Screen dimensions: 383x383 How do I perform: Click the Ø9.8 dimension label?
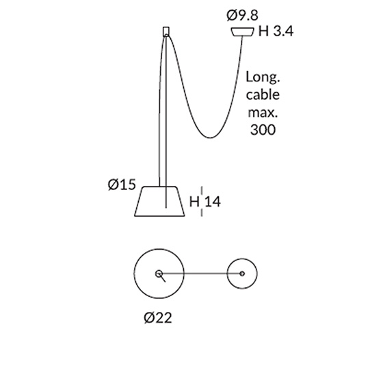click(x=242, y=15)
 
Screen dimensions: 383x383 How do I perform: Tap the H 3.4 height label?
click(x=276, y=31)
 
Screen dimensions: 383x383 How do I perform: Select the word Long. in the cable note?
click(x=263, y=78)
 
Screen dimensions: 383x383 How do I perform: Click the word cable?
click(x=263, y=94)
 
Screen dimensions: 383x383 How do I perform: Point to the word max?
click(x=263, y=113)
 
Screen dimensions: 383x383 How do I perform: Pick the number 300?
click(x=263, y=130)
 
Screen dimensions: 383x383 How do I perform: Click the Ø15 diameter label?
click(x=122, y=185)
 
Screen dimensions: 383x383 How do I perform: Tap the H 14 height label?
click(x=205, y=202)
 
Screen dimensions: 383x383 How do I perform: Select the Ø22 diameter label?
click(x=158, y=318)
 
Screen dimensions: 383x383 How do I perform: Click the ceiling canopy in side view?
click(x=242, y=32)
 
